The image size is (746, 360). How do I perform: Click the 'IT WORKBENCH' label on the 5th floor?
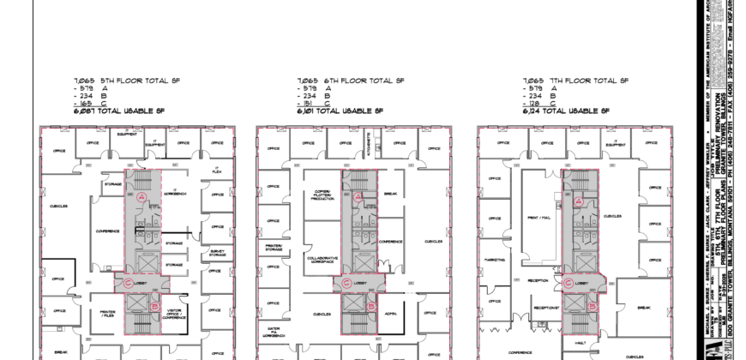click(174, 194)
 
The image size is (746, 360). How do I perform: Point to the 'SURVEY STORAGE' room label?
click(216, 254)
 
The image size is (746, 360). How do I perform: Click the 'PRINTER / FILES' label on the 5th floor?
click(108, 313)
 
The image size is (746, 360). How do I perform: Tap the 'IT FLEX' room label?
click(217, 170)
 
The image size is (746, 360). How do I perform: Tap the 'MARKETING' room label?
click(494, 258)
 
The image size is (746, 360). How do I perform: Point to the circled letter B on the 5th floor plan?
click(153, 305)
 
